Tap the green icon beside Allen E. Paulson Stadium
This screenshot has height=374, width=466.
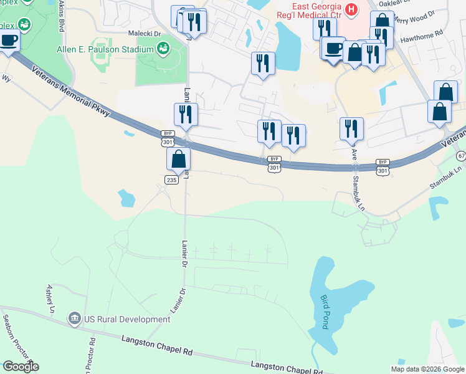click(x=163, y=47)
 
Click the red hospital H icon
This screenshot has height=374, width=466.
click(x=351, y=9)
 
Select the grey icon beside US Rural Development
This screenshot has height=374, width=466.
click(x=75, y=319)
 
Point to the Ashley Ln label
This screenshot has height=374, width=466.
click(x=50, y=299)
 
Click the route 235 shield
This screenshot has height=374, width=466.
click(x=172, y=180)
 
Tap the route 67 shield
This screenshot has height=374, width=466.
click(x=460, y=155)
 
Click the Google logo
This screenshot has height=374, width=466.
click(x=21, y=366)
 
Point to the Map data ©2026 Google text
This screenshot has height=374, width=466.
click(x=427, y=369)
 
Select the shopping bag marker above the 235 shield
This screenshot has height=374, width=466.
click(x=179, y=159)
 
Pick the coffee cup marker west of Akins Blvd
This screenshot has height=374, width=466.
click(x=9, y=41)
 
